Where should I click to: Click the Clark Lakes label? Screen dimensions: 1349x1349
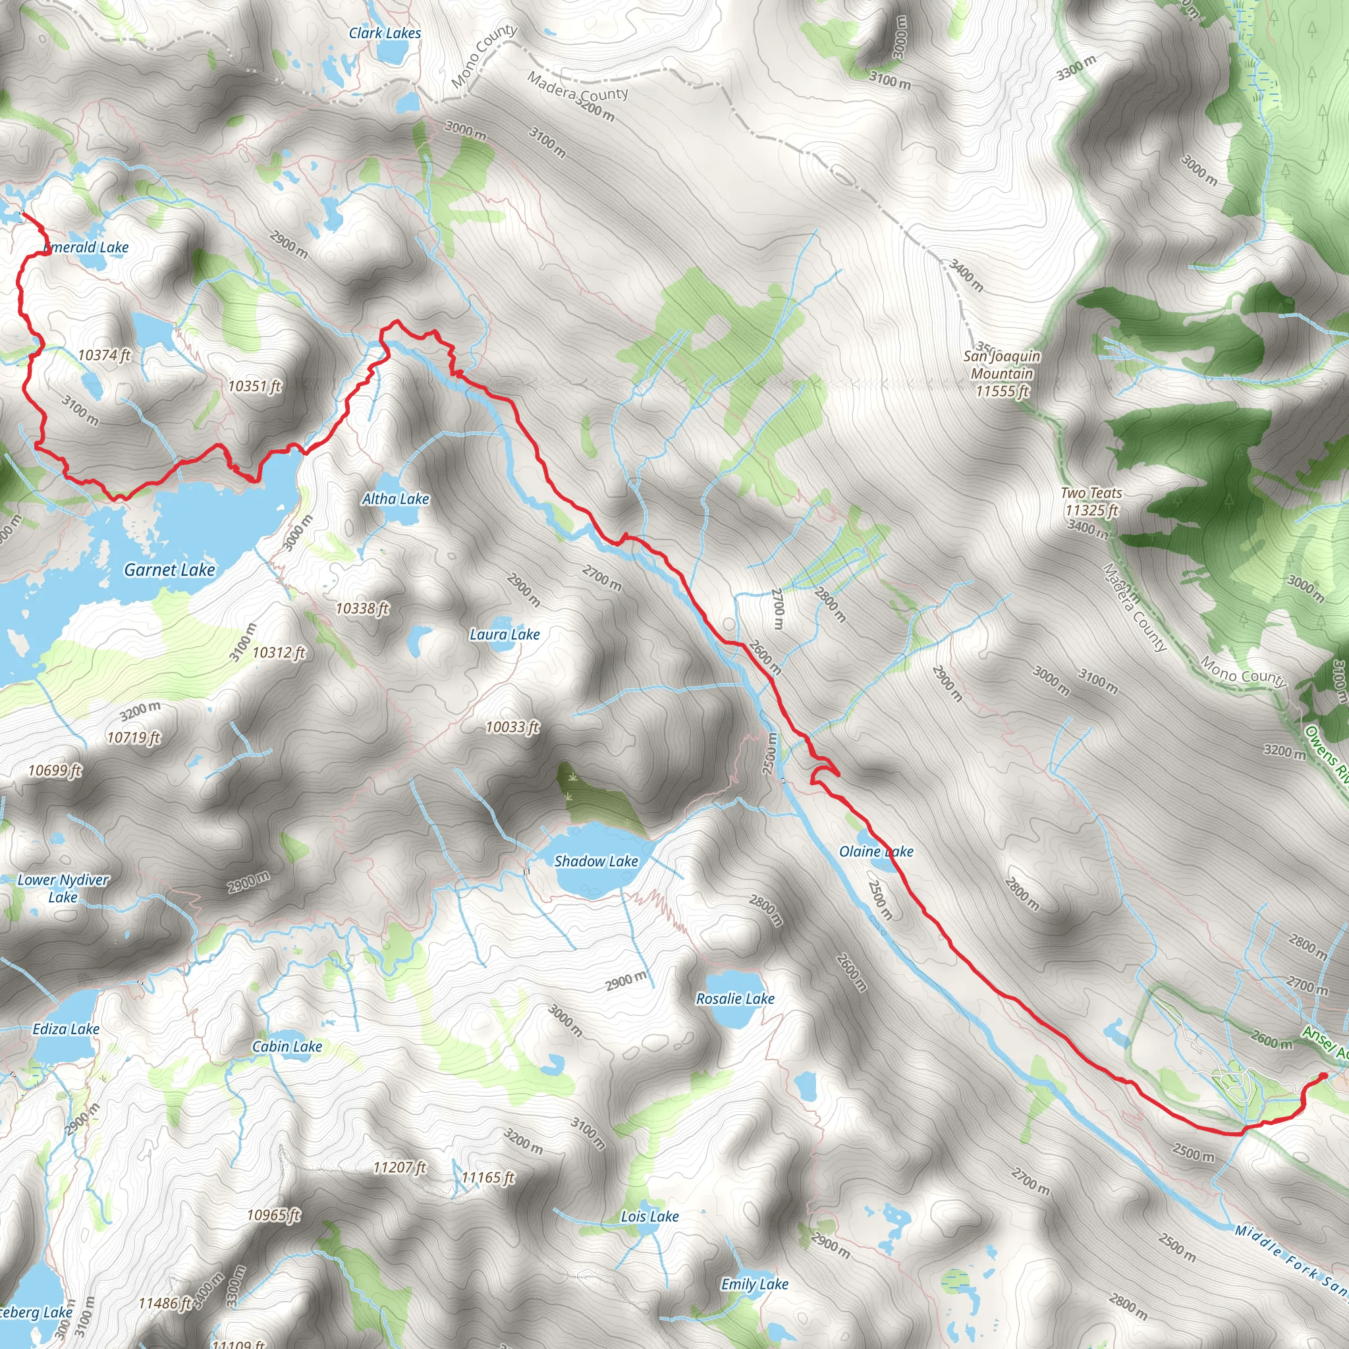[385, 33]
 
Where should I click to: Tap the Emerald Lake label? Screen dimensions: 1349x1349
[88, 247]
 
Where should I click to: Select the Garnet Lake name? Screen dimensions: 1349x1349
[170, 570]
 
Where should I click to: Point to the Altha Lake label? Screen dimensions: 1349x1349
[395, 499]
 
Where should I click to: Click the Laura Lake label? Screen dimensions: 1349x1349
[504, 634]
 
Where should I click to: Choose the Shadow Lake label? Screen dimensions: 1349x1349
[595, 861]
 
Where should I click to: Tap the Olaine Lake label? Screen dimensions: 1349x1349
[875, 851]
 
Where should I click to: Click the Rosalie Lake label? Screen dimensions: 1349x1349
[735, 999]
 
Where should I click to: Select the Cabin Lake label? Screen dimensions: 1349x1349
[287, 1046]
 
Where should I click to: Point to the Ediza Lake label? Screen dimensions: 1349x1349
[67, 1028]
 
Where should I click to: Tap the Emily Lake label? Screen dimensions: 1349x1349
[754, 1284]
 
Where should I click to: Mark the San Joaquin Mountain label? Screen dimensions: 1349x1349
[1002, 373]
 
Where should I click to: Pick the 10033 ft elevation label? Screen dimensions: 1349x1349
[512, 727]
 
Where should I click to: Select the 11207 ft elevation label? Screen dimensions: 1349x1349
[399, 1167]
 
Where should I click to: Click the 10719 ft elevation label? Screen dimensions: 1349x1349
[133, 736]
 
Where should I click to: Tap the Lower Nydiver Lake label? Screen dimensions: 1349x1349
[63, 888]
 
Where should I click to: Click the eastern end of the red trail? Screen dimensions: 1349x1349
[1323, 1095]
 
